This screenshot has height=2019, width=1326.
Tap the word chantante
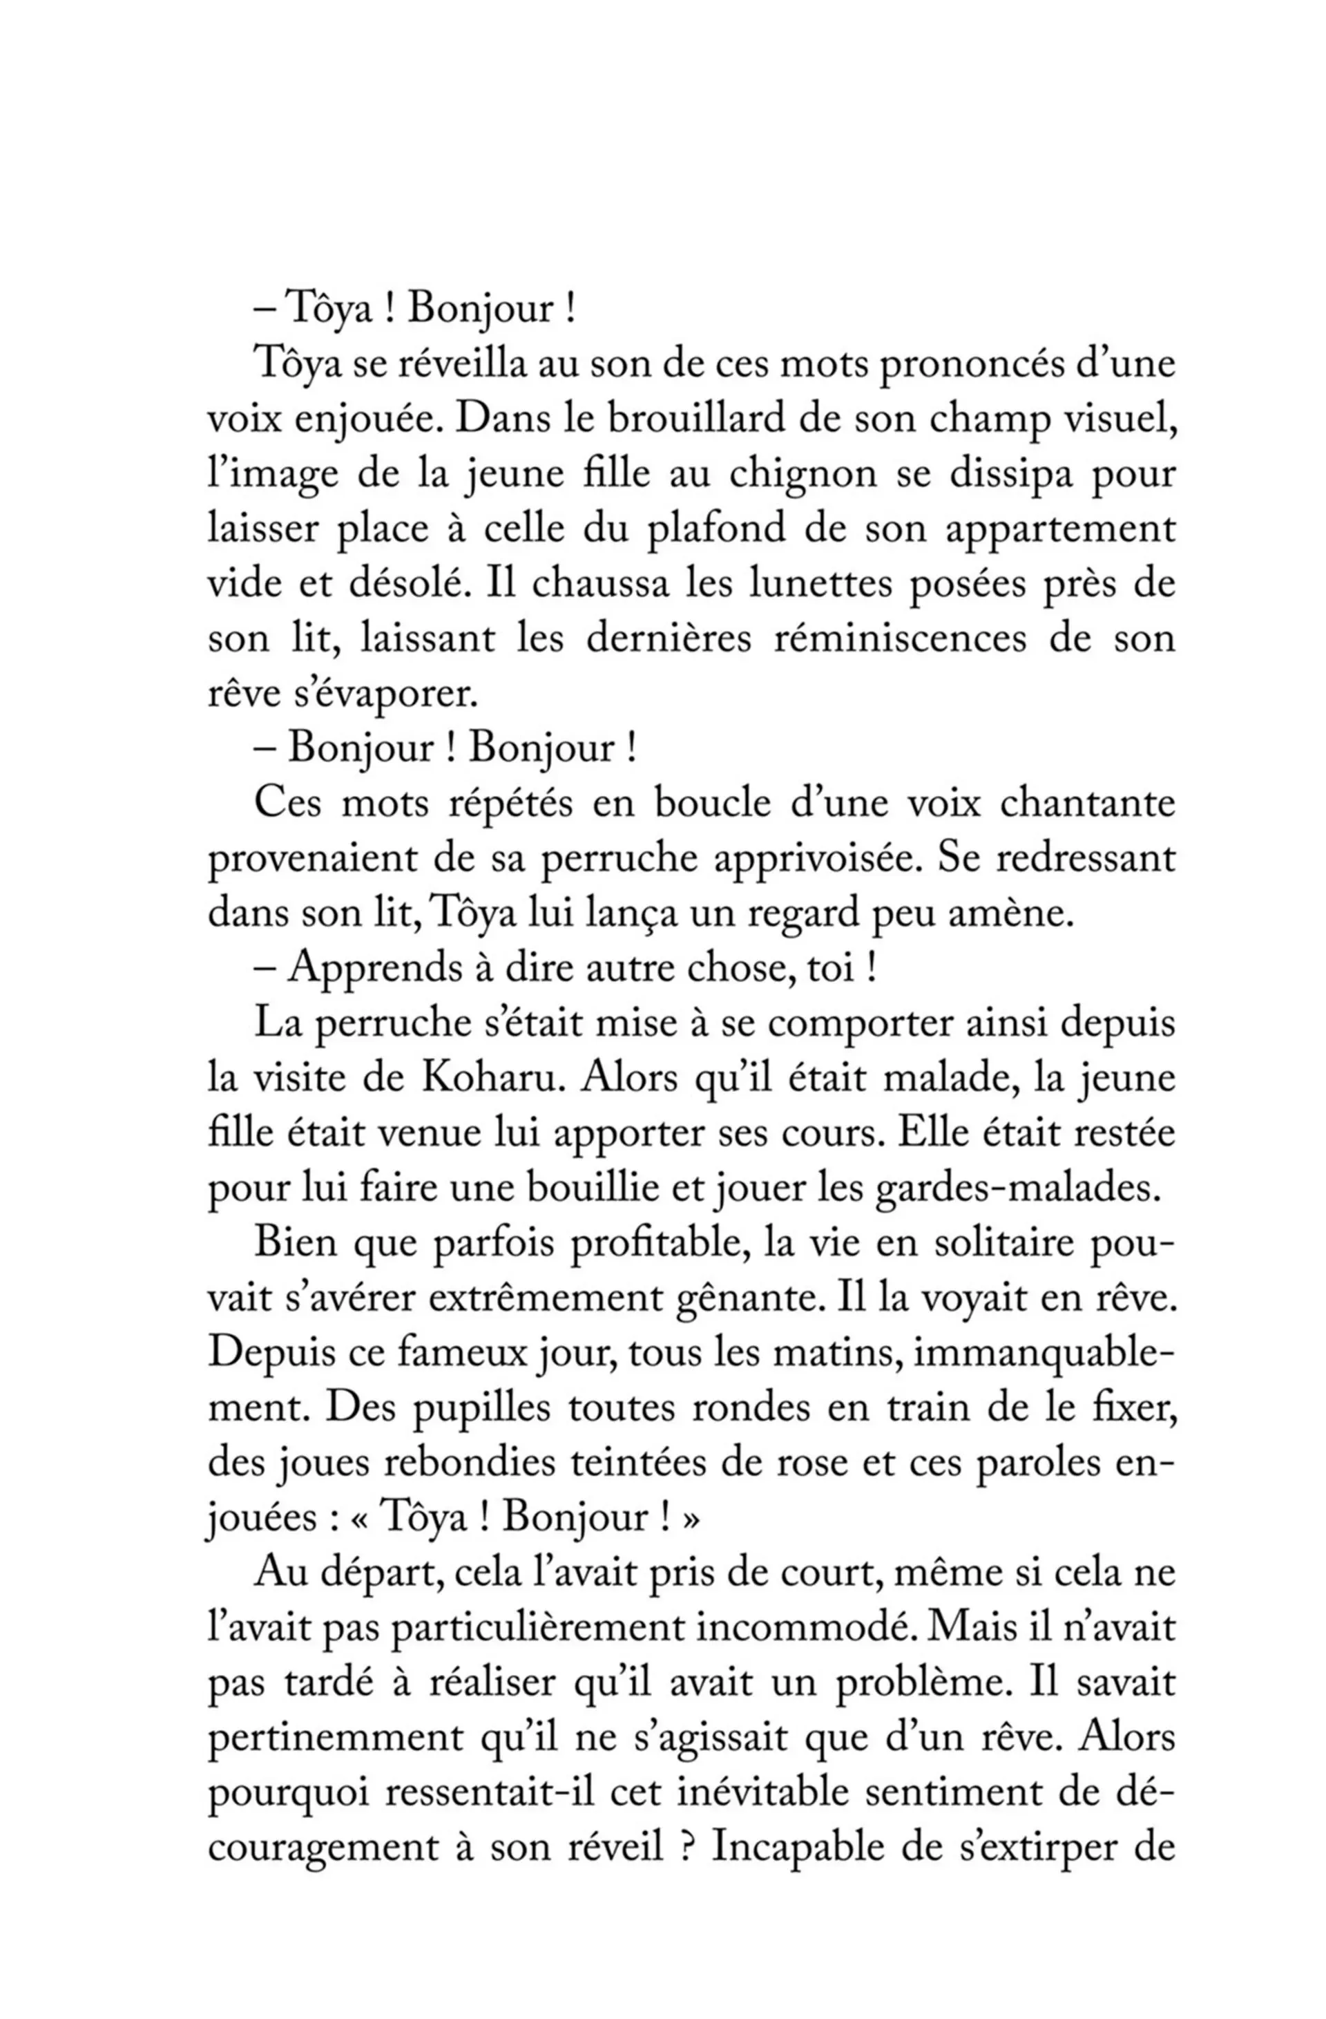1088,805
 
